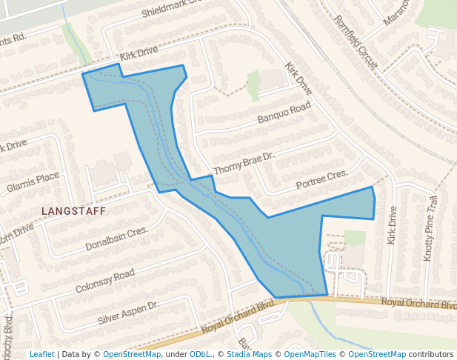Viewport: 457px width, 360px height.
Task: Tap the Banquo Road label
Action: pos(284,114)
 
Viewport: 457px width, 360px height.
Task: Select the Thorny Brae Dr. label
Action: pos(244,164)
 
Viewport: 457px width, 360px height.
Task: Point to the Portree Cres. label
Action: pos(321,179)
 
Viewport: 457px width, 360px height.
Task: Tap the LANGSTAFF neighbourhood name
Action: pos(74,211)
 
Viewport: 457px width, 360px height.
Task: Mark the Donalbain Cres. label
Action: pos(117,239)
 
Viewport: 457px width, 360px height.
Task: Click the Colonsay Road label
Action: pos(104,281)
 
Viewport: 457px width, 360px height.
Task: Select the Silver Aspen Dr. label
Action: pos(129,314)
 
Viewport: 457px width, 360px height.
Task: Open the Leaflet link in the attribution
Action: pos(41,354)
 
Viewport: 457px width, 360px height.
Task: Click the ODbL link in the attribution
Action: pos(200,354)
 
